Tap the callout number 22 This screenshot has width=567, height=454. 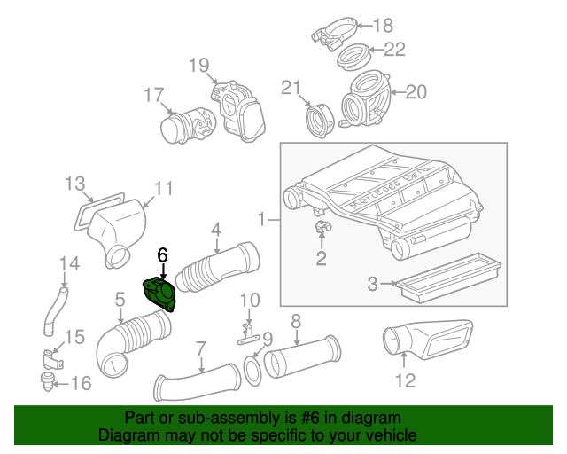394,50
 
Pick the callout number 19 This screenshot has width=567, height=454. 198,65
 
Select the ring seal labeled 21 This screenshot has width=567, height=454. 316,118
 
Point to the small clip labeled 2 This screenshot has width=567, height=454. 321,232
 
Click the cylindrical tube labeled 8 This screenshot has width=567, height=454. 300,358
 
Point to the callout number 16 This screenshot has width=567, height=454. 81,384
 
